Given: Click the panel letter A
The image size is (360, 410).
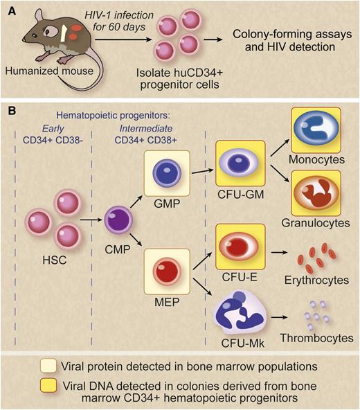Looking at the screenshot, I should (x=11, y=10).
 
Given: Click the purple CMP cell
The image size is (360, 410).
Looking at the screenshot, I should (x=117, y=223).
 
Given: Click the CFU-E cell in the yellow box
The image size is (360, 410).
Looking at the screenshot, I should (x=240, y=247).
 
